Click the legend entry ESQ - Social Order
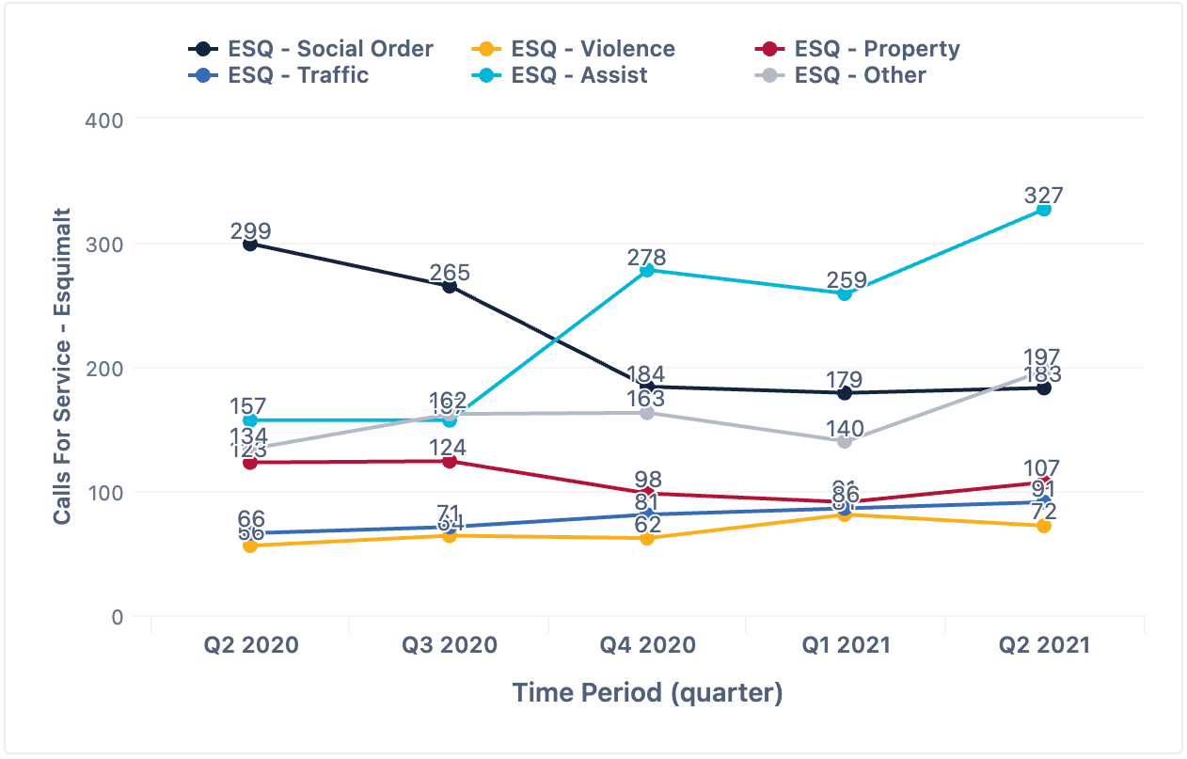click(x=310, y=49)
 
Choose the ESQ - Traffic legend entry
click(x=282, y=75)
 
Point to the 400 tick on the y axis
click(x=104, y=119)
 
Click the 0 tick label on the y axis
click(x=118, y=617)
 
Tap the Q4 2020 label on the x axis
click(x=647, y=645)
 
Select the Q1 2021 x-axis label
click(x=845, y=645)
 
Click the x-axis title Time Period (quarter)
click(x=647, y=693)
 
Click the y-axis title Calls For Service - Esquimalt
click(x=62, y=367)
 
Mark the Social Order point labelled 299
click(x=250, y=245)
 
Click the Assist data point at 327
click(x=1043, y=210)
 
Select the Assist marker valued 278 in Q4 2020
click(x=647, y=271)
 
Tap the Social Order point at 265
click(x=450, y=287)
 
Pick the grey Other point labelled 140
click(x=845, y=442)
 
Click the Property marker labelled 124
click(x=450, y=462)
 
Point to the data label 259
click(x=845, y=279)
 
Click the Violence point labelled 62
click(x=647, y=539)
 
